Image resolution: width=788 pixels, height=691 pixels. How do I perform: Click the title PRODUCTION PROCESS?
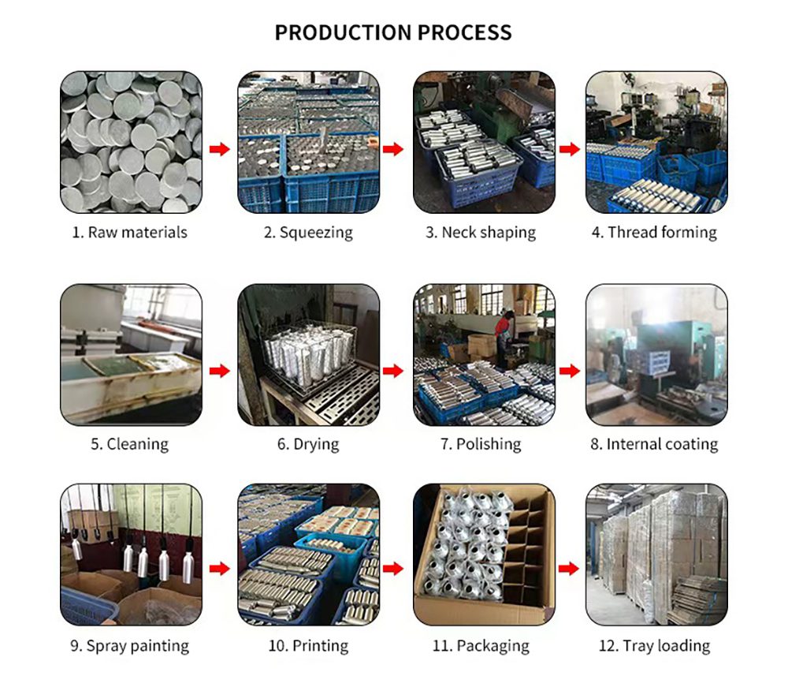click(x=393, y=32)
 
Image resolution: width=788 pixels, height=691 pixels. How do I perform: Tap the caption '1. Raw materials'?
click(x=131, y=232)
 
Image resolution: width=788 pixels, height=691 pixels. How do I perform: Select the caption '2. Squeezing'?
click(x=308, y=232)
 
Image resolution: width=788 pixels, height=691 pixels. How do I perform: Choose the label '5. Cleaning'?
click(x=129, y=443)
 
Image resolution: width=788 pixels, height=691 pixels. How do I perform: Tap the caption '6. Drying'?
click(x=308, y=443)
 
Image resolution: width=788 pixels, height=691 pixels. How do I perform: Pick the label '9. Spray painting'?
click(x=129, y=645)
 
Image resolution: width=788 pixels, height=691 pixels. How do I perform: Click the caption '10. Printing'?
click(x=308, y=645)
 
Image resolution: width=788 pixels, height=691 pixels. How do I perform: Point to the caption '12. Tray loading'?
click(x=655, y=645)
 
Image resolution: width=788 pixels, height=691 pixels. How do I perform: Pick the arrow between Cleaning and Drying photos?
click(x=220, y=370)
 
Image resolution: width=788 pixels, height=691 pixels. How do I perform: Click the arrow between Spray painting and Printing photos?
click(x=220, y=568)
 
